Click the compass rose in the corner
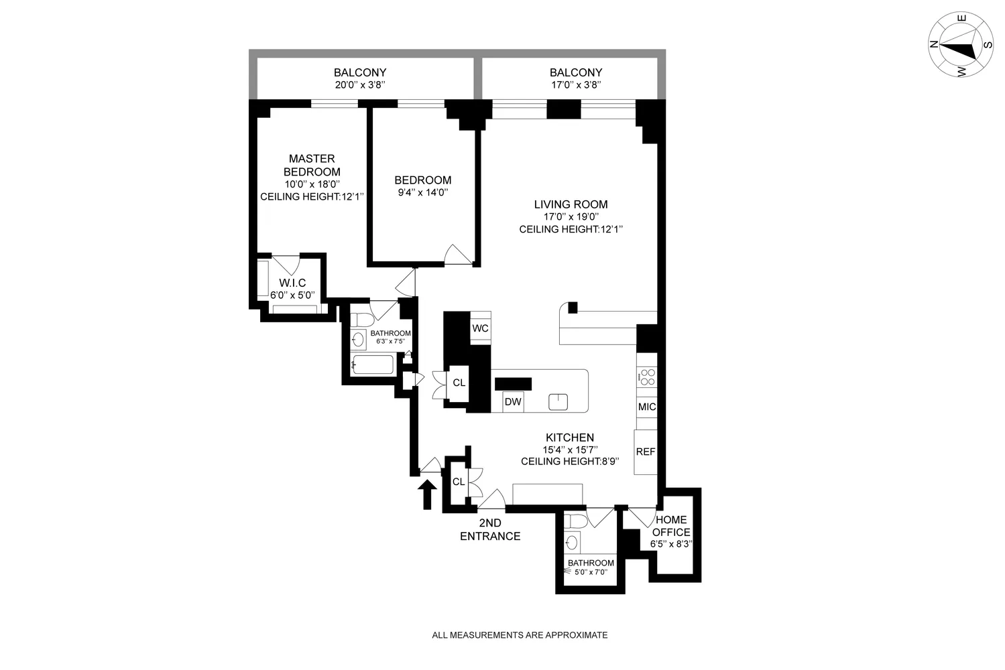coord(961,45)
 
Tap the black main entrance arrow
coord(427,494)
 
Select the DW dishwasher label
coord(513,402)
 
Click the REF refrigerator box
coord(646,452)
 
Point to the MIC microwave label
coord(647,407)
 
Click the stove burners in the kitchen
coord(647,378)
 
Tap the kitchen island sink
coord(558,402)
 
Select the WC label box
coord(480,328)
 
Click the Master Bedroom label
coord(312,165)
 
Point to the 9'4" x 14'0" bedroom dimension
coord(422,192)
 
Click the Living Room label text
coord(571,204)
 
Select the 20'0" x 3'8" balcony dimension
coord(360,85)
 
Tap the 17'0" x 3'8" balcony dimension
coord(575,85)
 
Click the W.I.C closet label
coord(292,283)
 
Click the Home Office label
coord(672,526)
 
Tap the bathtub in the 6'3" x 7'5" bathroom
coord(373,365)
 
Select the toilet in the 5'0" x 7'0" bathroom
coord(576,521)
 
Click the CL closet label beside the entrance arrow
coord(459,482)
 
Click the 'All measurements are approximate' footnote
coord(520,635)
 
